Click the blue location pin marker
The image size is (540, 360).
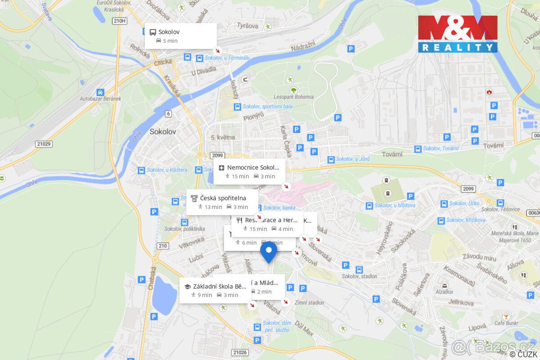click(269, 251)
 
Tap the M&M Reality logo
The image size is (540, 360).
click(458, 34)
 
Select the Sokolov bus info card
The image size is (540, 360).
click(180, 36)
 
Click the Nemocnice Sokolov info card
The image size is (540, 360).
click(249, 171)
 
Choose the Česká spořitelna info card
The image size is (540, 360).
click(222, 202)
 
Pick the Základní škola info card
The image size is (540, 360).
click(215, 290)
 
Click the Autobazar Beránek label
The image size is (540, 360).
click(101, 99)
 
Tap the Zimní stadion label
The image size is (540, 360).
click(309, 302)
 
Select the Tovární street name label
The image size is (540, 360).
click(493, 145)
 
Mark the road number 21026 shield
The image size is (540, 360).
click(240, 352)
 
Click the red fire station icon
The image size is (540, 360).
click(489, 92)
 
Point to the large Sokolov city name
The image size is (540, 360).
click(162, 132)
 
